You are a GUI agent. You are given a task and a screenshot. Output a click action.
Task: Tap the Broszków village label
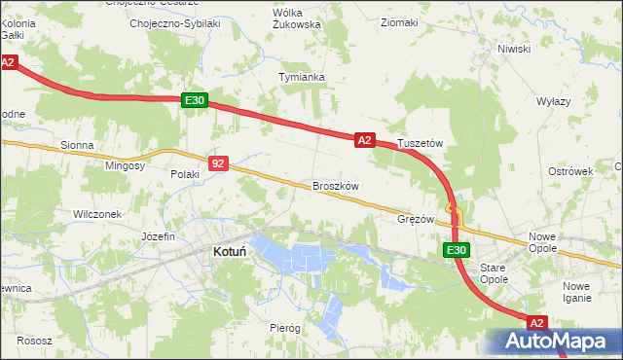(337, 186)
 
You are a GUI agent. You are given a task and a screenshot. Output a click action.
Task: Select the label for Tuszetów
(421, 143)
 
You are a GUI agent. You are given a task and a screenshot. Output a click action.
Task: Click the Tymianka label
(301, 76)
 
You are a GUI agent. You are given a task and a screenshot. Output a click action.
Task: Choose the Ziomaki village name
(399, 22)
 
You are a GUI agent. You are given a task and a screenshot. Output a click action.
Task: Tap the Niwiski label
(513, 49)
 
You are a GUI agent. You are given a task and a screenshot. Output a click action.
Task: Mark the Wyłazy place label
(553, 101)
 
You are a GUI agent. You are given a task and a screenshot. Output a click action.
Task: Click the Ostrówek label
(570, 171)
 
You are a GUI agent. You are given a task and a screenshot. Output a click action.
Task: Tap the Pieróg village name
(285, 328)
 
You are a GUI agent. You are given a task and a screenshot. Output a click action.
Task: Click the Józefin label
(158, 236)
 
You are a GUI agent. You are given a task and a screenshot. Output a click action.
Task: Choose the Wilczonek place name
(96, 213)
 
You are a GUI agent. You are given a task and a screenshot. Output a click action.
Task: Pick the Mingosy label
(125, 166)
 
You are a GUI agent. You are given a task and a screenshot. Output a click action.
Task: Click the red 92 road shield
(218, 164)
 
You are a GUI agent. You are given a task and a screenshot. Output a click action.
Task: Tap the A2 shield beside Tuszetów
(364, 140)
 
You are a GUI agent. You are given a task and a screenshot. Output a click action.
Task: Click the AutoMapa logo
(553, 342)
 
